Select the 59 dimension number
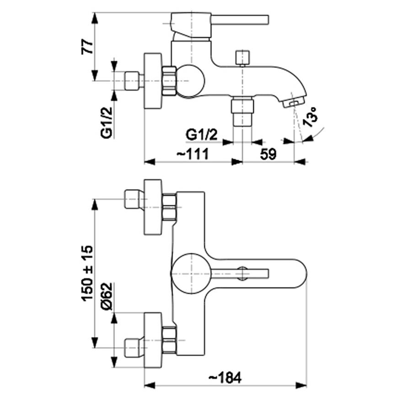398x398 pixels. tap(269, 154)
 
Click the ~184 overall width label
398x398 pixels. tap(225, 378)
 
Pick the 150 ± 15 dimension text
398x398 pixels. tap(86, 273)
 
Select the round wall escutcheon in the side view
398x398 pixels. tap(153, 81)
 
